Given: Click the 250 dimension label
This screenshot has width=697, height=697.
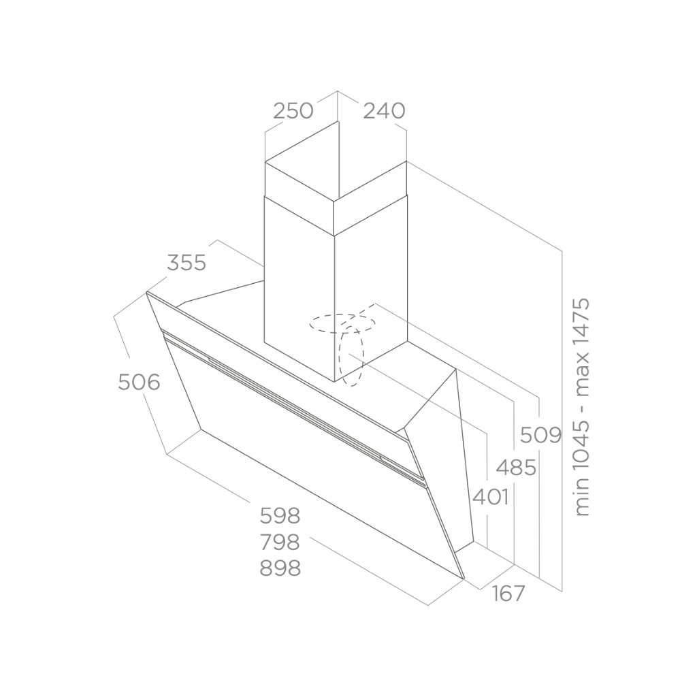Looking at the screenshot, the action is tap(293, 111).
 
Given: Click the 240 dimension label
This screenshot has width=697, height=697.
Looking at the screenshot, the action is tap(384, 111).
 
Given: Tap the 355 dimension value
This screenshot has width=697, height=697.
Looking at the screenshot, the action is tap(187, 263).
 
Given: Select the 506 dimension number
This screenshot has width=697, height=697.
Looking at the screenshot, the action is tap(139, 383).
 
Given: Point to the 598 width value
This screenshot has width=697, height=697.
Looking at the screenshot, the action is tap(280, 516).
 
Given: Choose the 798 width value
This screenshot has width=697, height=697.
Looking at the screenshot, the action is tap(280, 542).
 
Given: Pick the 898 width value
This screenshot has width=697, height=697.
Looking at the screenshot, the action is tap(280, 568).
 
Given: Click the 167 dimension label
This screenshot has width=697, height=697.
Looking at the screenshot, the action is tap(508, 593).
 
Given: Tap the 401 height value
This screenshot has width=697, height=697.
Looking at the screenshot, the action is tap(491, 497).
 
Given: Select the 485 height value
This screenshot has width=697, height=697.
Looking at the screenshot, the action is tap(516, 468).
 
